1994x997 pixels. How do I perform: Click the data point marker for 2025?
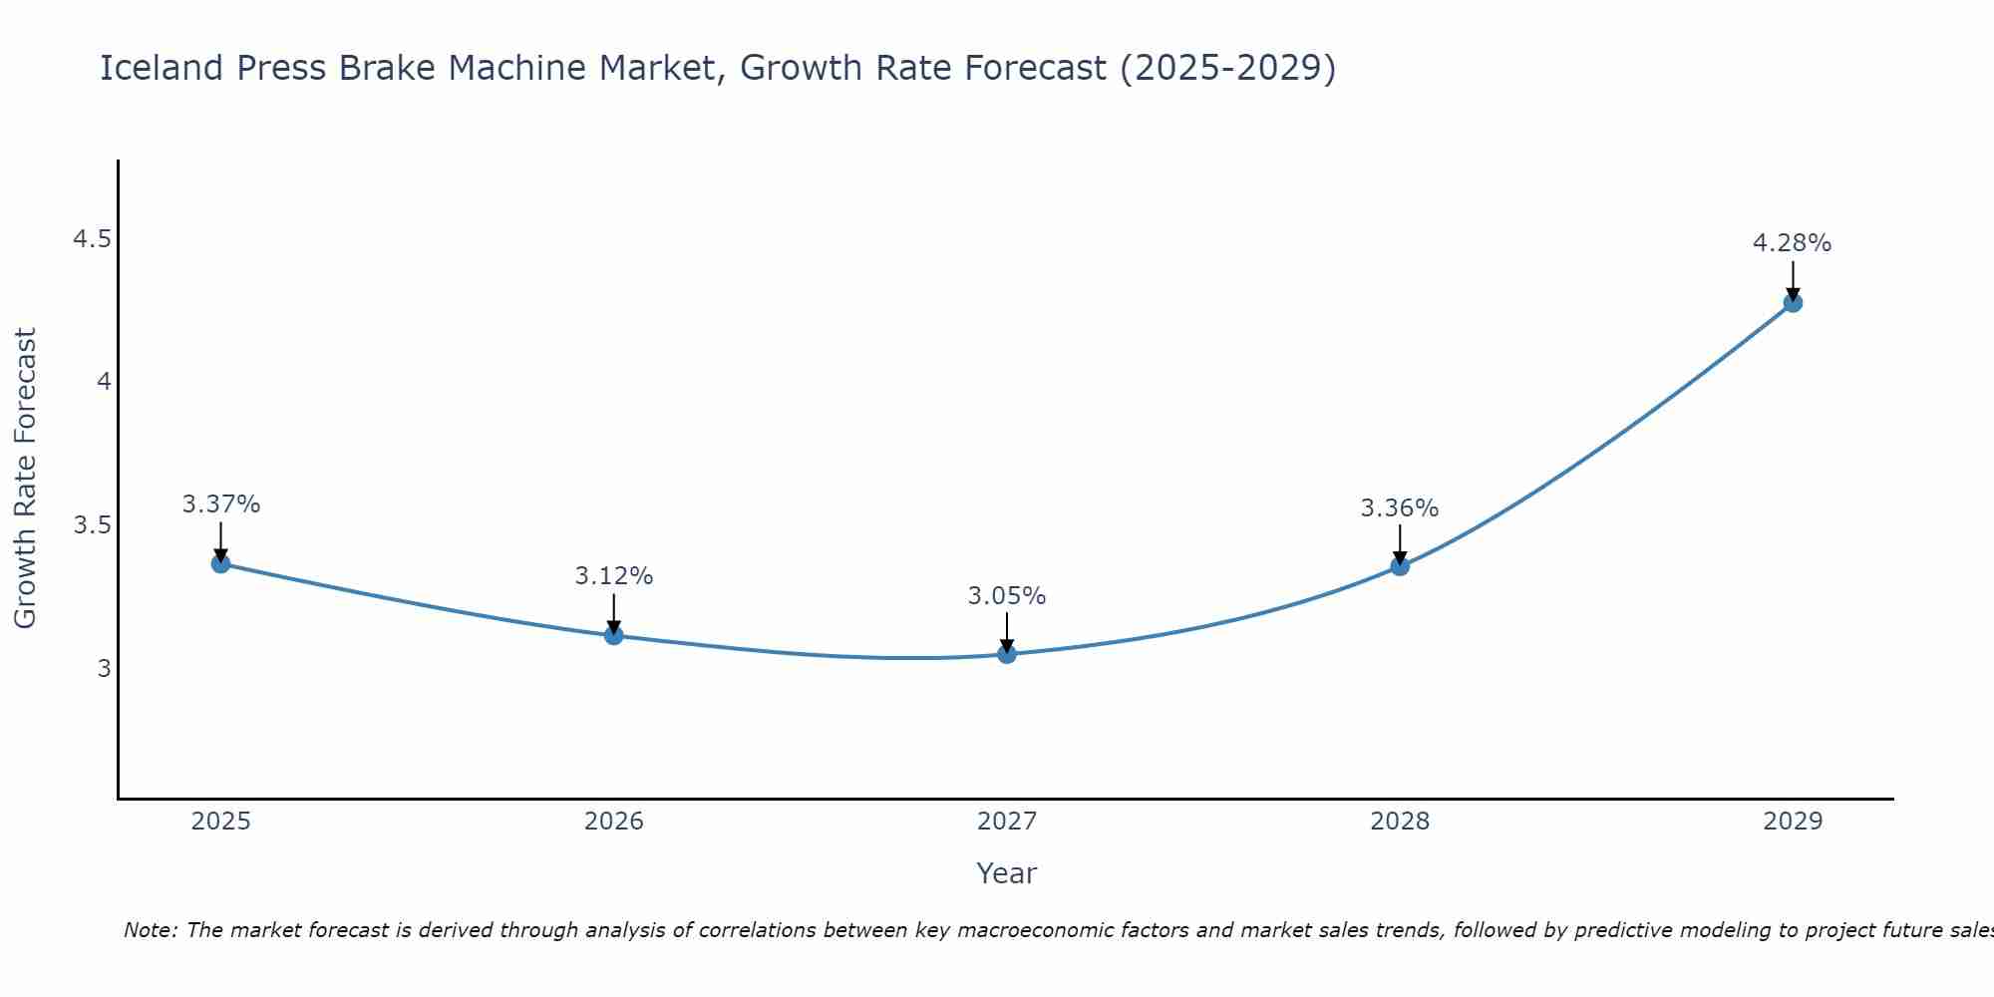tap(221, 563)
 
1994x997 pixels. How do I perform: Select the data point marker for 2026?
tap(614, 635)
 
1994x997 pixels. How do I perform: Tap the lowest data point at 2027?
tap(1007, 654)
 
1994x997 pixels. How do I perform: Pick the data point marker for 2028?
tap(1400, 566)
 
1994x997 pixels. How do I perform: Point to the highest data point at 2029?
tap(1793, 302)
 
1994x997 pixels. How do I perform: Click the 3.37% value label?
tap(221, 504)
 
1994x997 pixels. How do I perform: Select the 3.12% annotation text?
tap(614, 576)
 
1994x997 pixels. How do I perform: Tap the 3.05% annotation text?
tap(1007, 596)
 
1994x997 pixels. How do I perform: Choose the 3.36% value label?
tap(1400, 508)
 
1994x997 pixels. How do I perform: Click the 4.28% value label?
tap(1793, 243)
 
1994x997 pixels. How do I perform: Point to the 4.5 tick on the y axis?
tap(92, 239)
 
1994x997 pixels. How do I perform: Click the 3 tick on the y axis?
tap(104, 668)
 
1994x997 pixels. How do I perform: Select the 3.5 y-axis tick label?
tap(92, 525)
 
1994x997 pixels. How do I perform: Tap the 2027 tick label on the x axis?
tap(1007, 822)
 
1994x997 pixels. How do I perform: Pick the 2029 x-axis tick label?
tap(1793, 822)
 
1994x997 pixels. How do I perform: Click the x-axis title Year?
tap(1007, 873)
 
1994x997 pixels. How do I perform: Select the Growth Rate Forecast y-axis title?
tap(26, 479)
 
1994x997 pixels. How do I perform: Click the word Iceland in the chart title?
tap(161, 68)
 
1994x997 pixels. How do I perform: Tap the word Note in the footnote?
tap(150, 930)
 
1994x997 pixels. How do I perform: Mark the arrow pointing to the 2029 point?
tap(1793, 281)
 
